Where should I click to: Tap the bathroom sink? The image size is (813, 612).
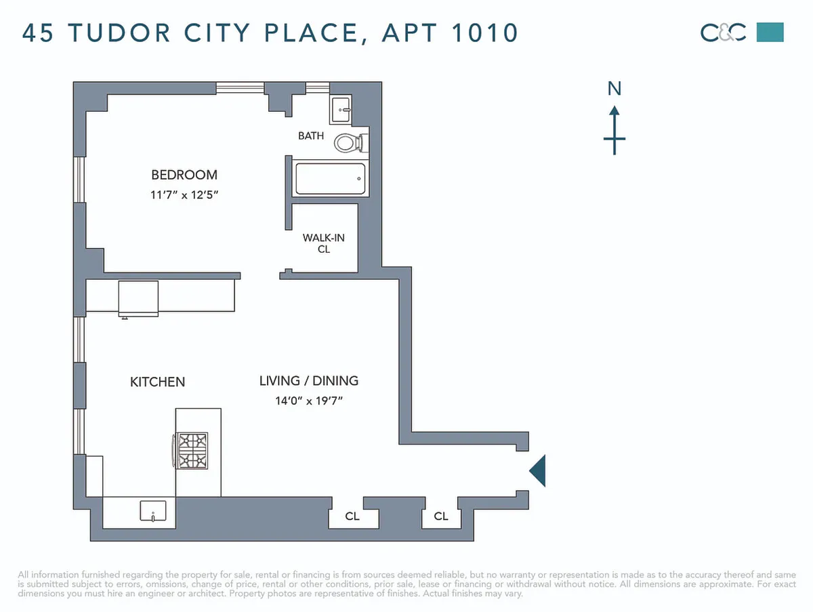coord(341,110)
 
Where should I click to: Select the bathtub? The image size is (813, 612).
coord(331,178)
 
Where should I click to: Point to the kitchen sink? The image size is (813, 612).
coord(153,511)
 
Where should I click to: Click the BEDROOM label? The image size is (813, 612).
coord(184,175)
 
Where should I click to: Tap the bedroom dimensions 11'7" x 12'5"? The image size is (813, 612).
coord(184,195)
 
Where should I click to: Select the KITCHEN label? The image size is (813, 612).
coord(157,382)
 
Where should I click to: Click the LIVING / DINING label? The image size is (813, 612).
coord(309,381)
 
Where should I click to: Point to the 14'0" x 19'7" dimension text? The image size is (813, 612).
coord(309,401)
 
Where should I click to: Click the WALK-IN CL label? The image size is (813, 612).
coord(323,243)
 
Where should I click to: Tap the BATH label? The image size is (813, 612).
coord(311,136)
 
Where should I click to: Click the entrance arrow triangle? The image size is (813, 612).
coord(537,471)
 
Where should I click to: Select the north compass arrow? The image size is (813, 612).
coord(614,130)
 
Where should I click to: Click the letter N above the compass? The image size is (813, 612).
coord(614,89)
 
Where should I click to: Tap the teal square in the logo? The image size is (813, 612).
coord(770,33)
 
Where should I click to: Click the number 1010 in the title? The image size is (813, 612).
coord(484,33)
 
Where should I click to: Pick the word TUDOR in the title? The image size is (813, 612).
coord(119,33)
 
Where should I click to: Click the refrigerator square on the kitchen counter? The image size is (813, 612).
coord(138,299)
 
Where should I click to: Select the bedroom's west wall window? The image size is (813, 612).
coord(79,180)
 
